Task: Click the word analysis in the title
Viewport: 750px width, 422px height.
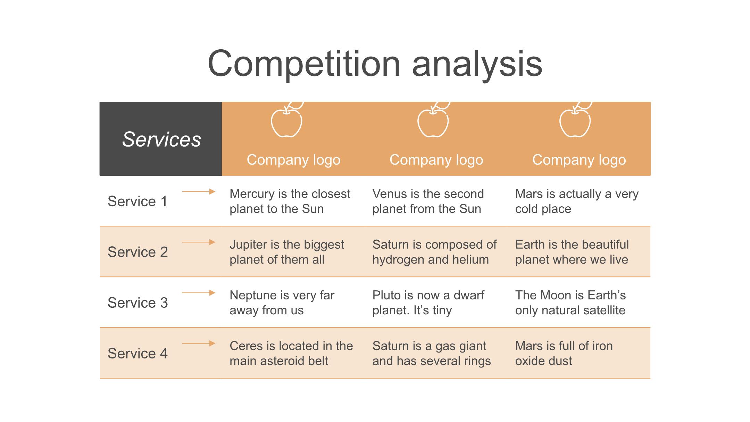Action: (477, 65)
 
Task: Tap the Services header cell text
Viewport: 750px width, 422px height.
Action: (161, 139)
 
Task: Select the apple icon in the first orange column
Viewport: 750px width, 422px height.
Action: (287, 119)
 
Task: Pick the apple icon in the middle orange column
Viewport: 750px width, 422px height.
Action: (433, 119)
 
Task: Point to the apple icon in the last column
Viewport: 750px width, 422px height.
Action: (575, 119)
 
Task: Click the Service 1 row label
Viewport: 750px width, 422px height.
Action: (137, 201)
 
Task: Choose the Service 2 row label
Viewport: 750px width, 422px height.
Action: (137, 252)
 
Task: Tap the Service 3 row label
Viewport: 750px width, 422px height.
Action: (137, 303)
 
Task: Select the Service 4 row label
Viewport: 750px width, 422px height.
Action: (137, 354)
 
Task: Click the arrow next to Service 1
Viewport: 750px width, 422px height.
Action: (199, 191)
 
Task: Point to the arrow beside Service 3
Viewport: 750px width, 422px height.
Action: (199, 293)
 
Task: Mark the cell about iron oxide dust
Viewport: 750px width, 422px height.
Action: (564, 353)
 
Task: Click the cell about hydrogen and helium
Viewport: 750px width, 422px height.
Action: (434, 252)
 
